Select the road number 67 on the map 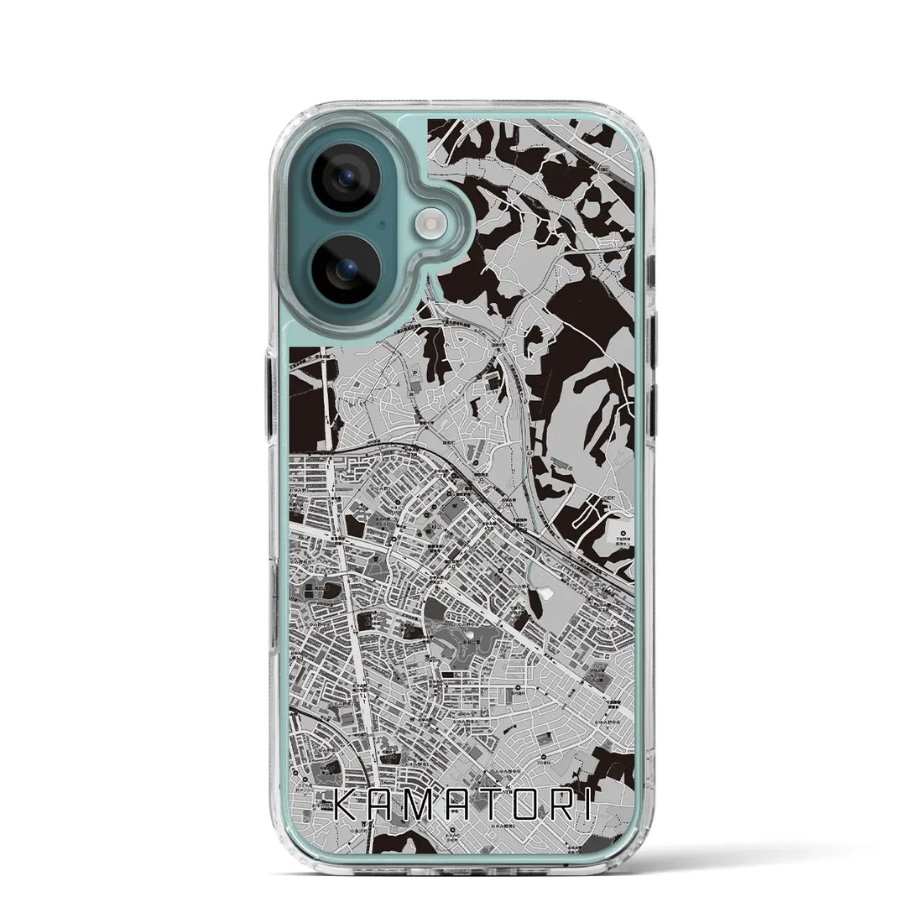click(x=529, y=454)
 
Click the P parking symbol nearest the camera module click(x=418, y=366)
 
